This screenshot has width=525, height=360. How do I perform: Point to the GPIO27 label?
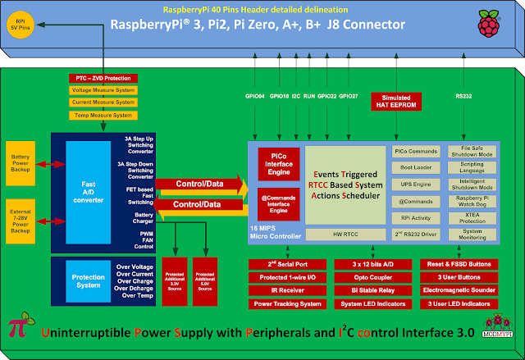coord(349,96)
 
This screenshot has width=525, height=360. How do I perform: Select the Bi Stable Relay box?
coord(367,289)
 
